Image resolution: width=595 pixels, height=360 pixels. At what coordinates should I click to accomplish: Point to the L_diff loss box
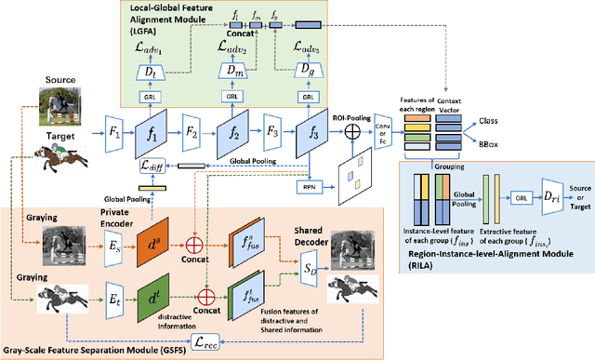point(151,165)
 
